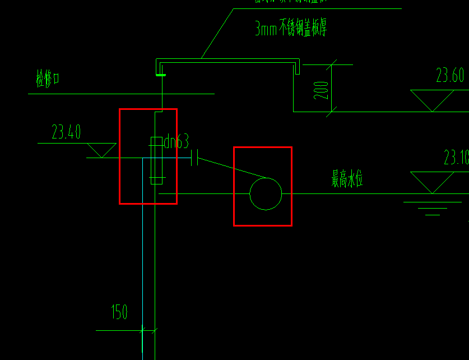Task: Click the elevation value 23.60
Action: (x=450, y=76)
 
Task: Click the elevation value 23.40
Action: (x=66, y=132)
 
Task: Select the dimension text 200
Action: (x=322, y=90)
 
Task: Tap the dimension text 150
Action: (x=119, y=312)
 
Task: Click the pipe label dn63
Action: (x=177, y=142)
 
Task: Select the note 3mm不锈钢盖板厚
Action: (x=290, y=29)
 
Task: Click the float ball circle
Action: (x=266, y=194)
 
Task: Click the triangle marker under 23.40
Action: (x=101, y=150)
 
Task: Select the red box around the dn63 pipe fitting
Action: (x=120, y=157)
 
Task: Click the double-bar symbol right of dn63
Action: (x=194, y=158)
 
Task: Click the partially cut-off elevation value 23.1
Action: (x=456, y=158)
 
